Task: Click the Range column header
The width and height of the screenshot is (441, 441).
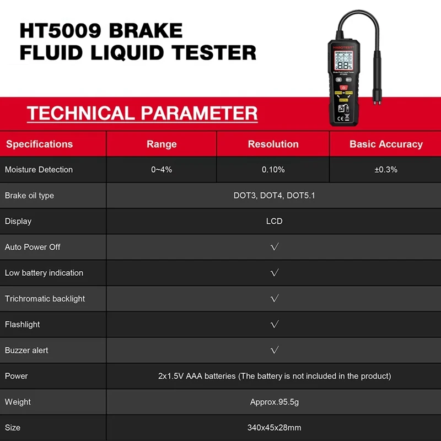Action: (x=162, y=144)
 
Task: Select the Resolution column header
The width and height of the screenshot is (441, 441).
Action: (x=273, y=144)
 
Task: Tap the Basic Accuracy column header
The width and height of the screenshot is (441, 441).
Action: (x=386, y=144)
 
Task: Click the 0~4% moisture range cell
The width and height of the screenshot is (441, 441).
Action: (x=162, y=170)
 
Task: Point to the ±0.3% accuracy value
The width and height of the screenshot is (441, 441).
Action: (x=385, y=170)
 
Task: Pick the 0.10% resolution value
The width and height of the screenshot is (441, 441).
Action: (x=273, y=170)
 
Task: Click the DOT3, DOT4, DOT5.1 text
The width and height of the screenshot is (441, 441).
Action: (x=274, y=196)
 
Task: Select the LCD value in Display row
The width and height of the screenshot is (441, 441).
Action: (x=274, y=221)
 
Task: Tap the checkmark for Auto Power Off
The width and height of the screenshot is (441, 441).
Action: (x=275, y=247)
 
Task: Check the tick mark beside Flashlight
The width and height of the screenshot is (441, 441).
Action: (x=275, y=325)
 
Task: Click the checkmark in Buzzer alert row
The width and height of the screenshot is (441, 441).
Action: (x=275, y=350)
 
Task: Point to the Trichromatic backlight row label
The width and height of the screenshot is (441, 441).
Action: (x=45, y=299)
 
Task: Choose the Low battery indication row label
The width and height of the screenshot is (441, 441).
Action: (x=44, y=273)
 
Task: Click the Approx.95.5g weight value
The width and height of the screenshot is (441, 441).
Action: (x=274, y=402)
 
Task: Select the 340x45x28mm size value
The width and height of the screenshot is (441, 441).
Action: (x=274, y=428)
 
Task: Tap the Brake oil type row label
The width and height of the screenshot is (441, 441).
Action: (x=29, y=196)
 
